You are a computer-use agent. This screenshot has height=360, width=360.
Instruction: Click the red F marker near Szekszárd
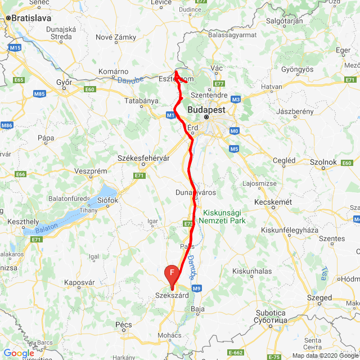(172, 274)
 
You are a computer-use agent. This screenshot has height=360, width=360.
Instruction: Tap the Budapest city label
(206, 110)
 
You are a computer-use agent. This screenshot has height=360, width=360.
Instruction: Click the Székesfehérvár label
(143, 158)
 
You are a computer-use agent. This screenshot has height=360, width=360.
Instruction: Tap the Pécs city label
(123, 325)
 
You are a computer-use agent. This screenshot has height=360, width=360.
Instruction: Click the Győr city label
(65, 83)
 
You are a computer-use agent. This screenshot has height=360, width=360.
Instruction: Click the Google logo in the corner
(19, 353)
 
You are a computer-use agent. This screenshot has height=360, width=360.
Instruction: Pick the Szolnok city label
(323, 162)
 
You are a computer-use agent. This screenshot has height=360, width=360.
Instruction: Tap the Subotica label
(270, 313)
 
